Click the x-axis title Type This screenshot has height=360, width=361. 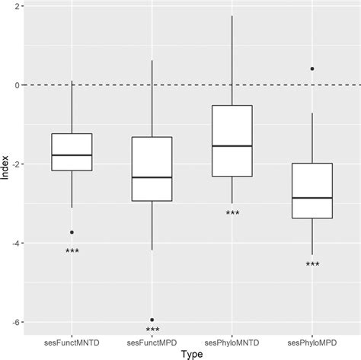192,353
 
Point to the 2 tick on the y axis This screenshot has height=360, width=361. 17,6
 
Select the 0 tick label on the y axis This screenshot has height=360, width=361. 17,85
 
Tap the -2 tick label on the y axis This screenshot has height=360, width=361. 15,164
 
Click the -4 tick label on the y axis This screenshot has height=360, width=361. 15,244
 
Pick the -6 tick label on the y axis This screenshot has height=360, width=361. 15,323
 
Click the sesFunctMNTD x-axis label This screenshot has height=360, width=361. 72,340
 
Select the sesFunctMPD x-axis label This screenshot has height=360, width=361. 152,340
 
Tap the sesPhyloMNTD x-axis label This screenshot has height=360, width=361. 232,340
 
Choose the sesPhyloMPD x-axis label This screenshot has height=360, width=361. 312,340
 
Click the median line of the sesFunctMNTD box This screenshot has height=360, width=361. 72,155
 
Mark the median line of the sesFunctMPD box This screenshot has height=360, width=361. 152,177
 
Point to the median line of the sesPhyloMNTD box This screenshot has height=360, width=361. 232,145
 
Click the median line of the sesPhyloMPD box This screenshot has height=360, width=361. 312,198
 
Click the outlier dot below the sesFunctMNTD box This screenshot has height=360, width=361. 72,232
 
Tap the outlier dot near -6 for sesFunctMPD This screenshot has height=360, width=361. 152,320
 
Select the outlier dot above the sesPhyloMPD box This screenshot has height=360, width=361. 312,68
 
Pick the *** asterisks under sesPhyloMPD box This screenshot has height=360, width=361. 312,266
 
